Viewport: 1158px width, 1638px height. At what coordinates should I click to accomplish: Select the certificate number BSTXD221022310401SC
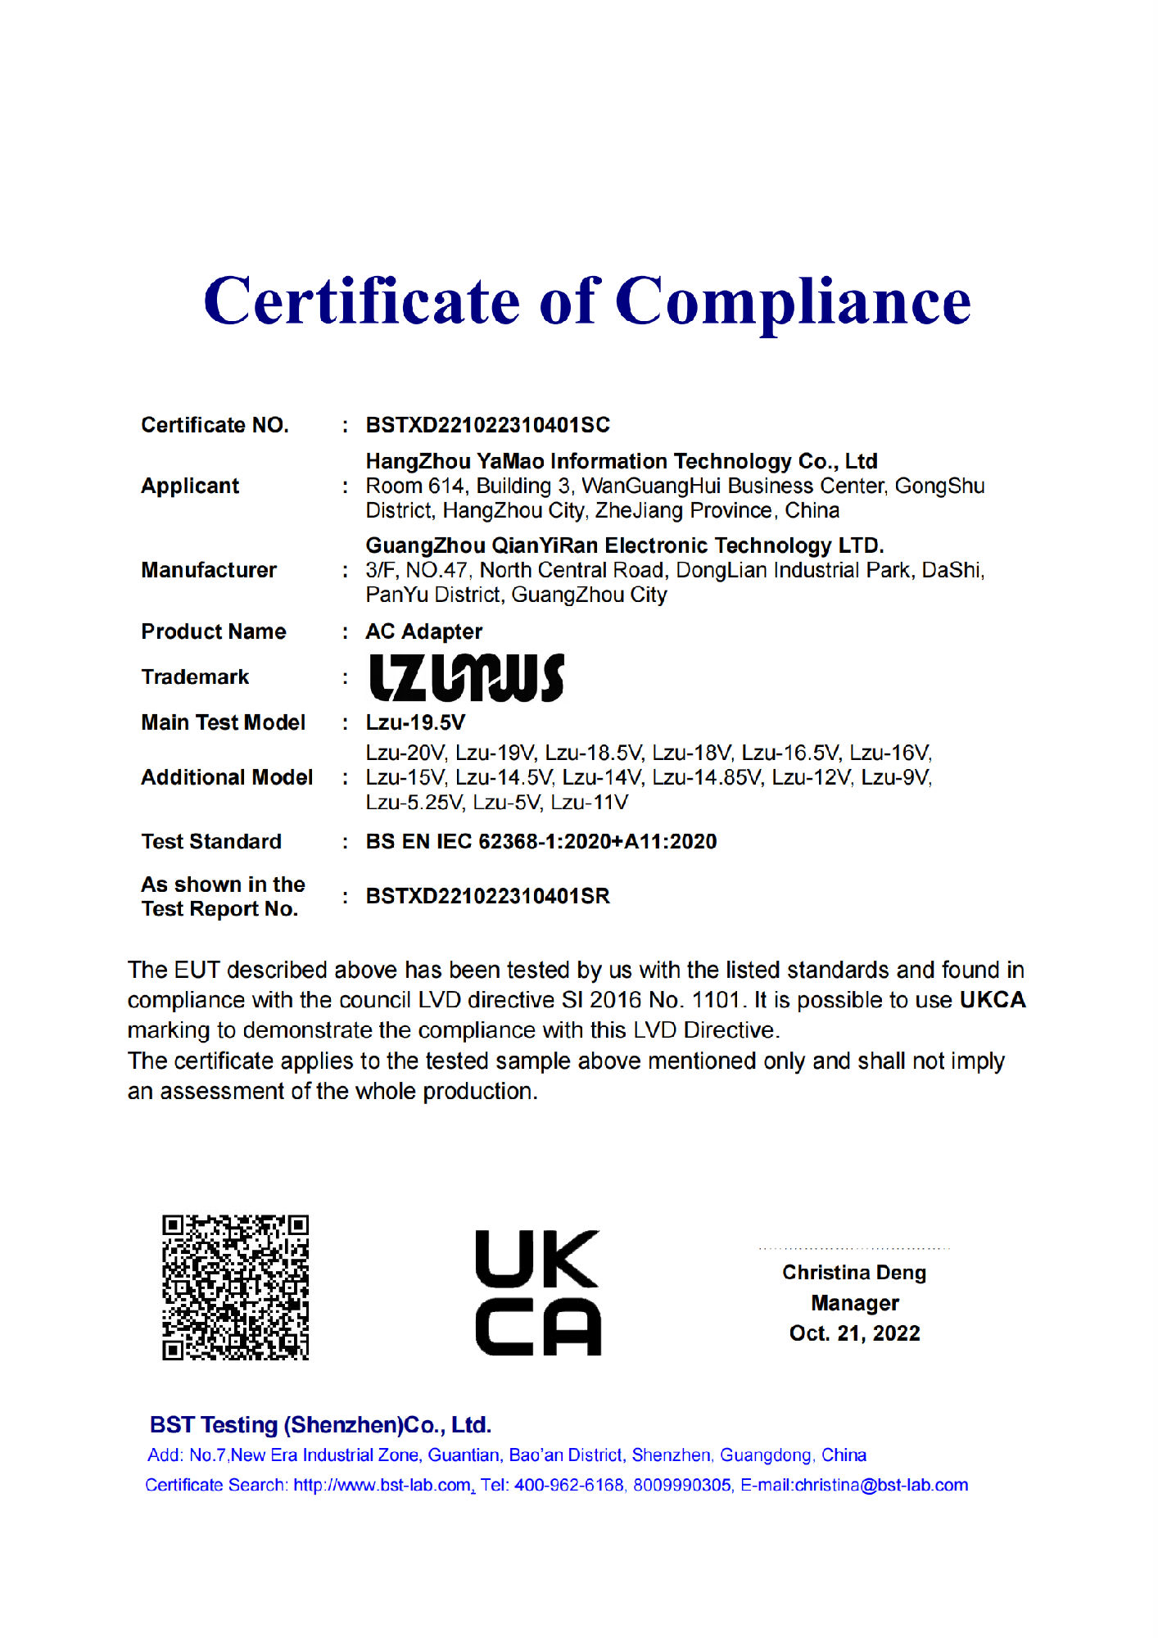coord(487,425)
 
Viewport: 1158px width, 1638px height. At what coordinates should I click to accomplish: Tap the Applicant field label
coord(190,486)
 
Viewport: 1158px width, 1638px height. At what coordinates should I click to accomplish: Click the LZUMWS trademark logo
coord(466,677)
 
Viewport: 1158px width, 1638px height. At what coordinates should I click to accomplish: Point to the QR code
coord(235,1287)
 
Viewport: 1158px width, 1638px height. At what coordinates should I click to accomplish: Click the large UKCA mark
coord(538,1292)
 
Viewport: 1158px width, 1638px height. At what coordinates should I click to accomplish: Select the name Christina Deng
coord(854,1273)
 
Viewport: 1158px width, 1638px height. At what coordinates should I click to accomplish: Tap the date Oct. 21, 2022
coord(854,1333)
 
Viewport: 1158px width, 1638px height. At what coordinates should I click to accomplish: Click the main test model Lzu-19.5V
coord(415,722)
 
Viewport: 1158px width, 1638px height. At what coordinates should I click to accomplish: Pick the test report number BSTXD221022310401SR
coord(487,896)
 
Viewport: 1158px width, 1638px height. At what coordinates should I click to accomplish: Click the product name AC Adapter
coord(423,631)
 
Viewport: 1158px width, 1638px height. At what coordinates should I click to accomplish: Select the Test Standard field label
coord(211,841)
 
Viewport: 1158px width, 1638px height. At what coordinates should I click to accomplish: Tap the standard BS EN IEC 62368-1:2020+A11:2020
coord(541,841)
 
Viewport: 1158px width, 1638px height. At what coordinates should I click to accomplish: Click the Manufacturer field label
coord(209,570)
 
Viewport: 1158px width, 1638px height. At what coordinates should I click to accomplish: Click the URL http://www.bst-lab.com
coord(382,1486)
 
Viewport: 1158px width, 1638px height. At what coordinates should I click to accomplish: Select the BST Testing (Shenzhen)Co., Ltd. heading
coord(320,1425)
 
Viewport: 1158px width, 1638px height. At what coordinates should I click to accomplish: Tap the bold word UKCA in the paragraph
coord(993,1000)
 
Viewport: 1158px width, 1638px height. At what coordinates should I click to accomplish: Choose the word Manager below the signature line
coord(854,1303)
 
